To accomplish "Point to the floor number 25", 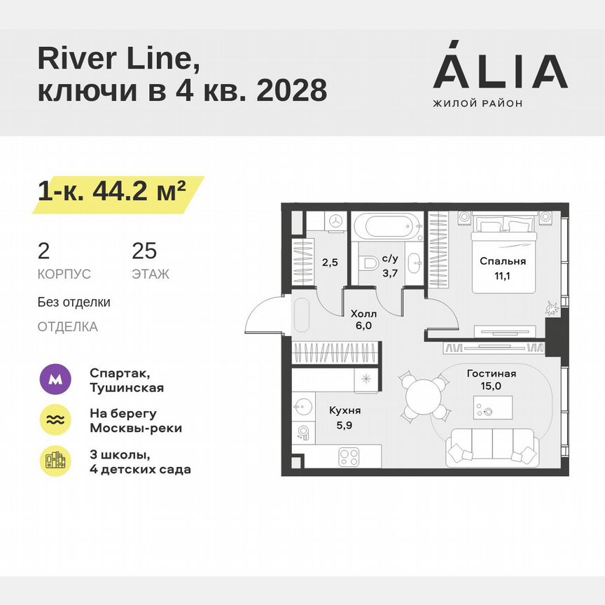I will tap(144, 251).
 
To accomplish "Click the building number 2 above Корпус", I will tap(44, 251).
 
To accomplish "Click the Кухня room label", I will tap(346, 411).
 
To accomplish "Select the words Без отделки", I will tap(74, 302).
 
